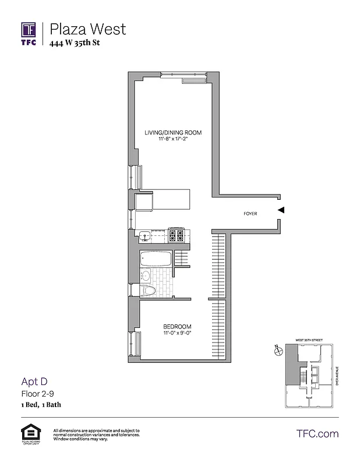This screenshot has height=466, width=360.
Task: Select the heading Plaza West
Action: [88, 29]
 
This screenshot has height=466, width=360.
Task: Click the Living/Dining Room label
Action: [173, 133]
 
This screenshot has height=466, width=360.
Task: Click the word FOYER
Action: [250, 214]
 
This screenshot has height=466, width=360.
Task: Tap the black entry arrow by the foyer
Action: [281, 210]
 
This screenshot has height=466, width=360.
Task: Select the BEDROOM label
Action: [177, 326]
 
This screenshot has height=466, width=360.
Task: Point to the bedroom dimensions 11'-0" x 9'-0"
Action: [177, 334]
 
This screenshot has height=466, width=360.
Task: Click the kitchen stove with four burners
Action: [176, 235]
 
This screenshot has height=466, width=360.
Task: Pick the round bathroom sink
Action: [146, 276]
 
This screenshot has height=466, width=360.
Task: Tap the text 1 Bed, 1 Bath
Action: [41, 404]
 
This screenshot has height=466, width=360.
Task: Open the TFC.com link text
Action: [317, 434]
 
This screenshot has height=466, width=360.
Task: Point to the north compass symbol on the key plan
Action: [276, 349]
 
